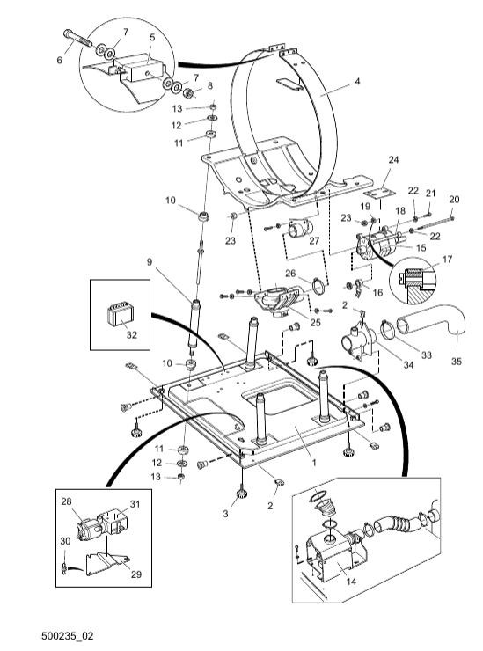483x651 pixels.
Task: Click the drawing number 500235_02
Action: (x=67, y=636)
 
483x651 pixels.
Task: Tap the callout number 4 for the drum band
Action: (x=357, y=81)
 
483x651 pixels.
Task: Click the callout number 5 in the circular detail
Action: (x=152, y=37)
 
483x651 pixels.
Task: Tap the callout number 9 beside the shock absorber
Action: (x=150, y=262)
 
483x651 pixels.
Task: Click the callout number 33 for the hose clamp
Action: (x=426, y=355)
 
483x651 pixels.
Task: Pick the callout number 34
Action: (x=409, y=365)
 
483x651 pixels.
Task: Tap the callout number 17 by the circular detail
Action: (x=447, y=260)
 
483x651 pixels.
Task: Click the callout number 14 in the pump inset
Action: (x=351, y=582)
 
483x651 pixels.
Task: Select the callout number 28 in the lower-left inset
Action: (x=67, y=501)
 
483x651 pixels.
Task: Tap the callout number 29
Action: (x=136, y=574)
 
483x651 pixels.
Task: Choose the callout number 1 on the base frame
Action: (x=314, y=462)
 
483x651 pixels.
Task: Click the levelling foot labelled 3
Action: (x=241, y=494)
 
